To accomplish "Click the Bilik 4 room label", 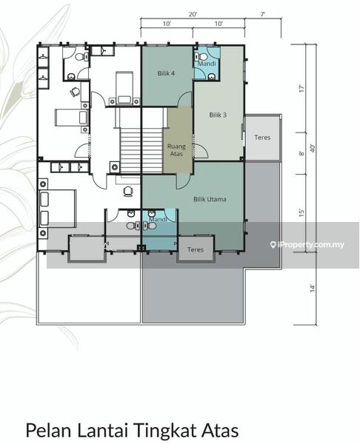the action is click(x=166, y=73).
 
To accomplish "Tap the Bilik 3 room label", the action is click(x=218, y=115).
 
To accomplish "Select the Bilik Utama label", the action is click(x=210, y=199).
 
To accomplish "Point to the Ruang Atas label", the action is click(x=176, y=150).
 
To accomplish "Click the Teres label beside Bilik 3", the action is click(x=262, y=138).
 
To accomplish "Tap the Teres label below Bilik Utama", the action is click(x=196, y=249).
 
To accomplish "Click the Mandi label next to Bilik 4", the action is click(x=207, y=64).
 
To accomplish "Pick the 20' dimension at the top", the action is click(x=193, y=14).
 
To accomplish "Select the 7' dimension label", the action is click(x=263, y=14).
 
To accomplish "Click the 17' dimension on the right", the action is click(x=301, y=88).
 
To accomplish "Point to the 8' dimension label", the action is click(x=301, y=153).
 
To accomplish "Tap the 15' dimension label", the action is click(x=301, y=212).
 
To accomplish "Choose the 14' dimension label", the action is click(x=313, y=289).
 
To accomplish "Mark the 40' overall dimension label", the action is click(x=313, y=148).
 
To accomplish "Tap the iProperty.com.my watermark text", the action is click(x=310, y=244).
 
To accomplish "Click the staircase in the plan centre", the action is click(x=141, y=150).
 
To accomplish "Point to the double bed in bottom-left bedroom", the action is click(x=57, y=209).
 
